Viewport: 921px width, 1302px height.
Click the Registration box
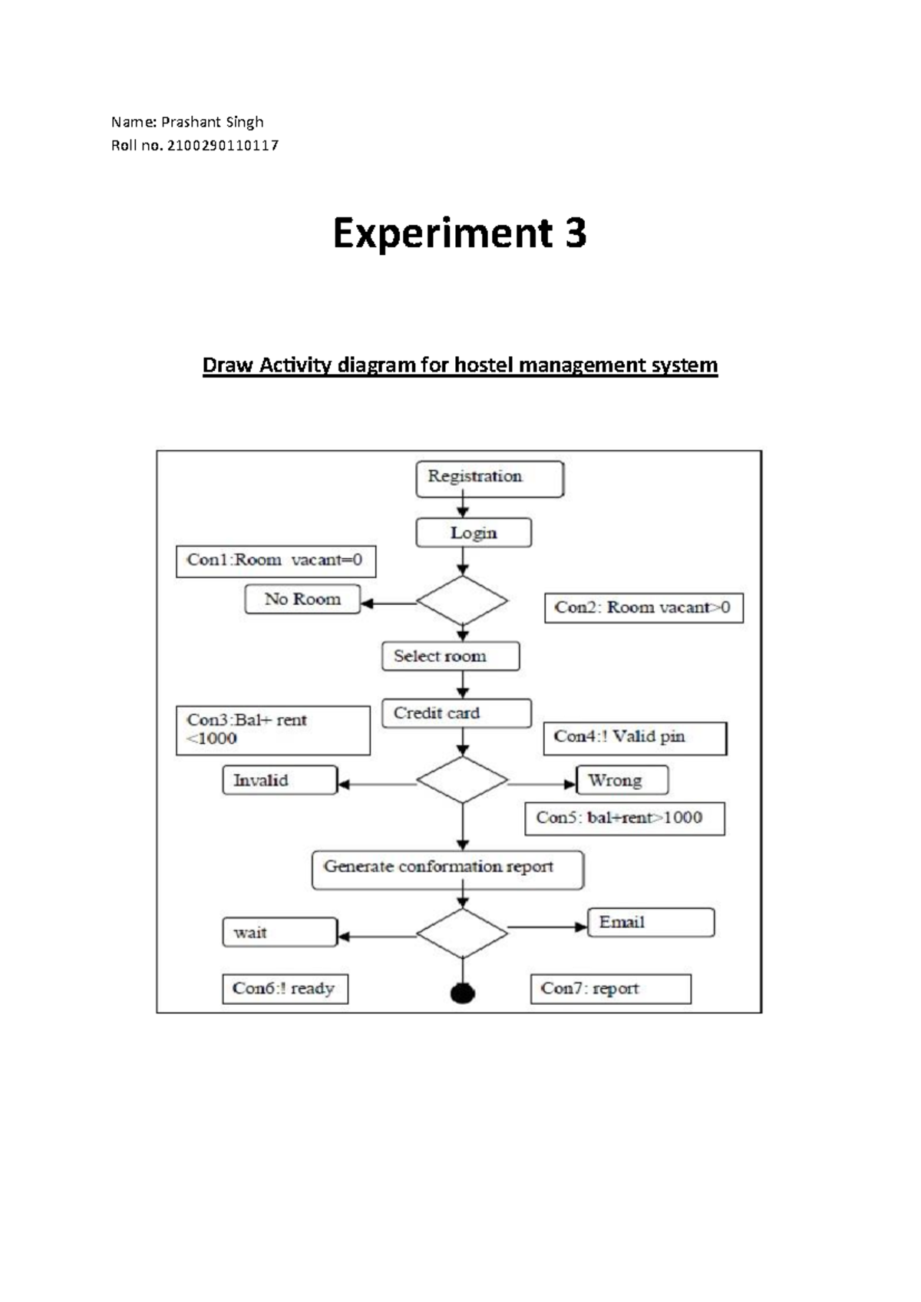(490, 479)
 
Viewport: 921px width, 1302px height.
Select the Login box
(474, 533)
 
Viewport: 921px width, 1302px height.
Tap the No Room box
(302, 599)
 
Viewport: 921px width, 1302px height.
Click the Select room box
(451, 656)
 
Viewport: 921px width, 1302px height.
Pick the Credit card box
(456, 713)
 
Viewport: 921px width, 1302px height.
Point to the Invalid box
(279, 780)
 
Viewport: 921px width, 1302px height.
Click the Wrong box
(622, 780)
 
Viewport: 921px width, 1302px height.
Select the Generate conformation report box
(447, 870)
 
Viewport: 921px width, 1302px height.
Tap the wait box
(279, 932)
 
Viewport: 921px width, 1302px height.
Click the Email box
(651, 922)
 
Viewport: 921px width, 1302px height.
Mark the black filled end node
(462, 993)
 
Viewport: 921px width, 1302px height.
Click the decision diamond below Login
(462, 601)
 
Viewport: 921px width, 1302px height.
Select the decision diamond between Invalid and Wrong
(462, 780)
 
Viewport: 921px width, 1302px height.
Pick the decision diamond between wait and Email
(462, 933)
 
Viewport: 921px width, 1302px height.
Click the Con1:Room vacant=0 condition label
(276, 561)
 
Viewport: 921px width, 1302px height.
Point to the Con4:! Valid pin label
(635, 738)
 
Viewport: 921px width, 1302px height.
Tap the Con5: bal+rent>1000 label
(625, 818)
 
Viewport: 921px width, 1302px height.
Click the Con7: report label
(610, 989)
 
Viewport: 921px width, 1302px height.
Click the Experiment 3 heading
(460, 233)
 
